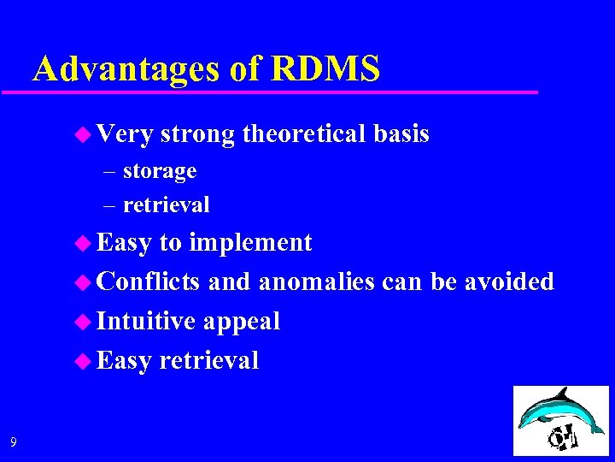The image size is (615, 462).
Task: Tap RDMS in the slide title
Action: click(x=326, y=68)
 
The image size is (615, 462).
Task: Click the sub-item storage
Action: click(x=160, y=171)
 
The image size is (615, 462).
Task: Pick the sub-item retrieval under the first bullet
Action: click(x=166, y=204)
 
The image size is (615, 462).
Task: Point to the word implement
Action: click(x=250, y=243)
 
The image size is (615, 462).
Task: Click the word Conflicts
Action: click(x=149, y=281)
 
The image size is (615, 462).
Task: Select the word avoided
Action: click(x=509, y=281)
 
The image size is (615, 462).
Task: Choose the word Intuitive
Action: click(x=146, y=321)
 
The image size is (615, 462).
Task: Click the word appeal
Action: click(x=241, y=322)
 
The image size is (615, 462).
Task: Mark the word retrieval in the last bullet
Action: click(x=208, y=360)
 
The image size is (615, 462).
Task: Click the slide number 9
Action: click(x=13, y=442)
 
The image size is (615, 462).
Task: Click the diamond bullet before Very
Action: click(x=83, y=134)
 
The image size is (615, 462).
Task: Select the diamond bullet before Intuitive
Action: click(x=83, y=321)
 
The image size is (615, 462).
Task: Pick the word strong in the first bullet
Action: click(x=197, y=134)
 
